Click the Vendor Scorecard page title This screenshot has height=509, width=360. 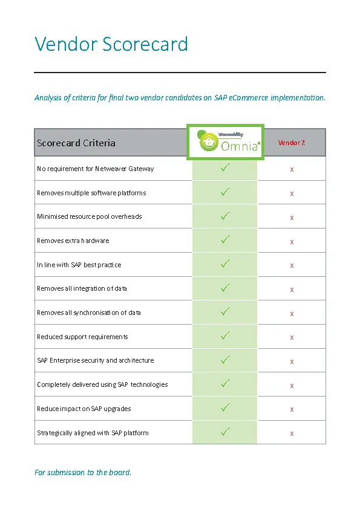point(111,44)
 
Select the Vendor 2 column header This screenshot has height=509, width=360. point(292,143)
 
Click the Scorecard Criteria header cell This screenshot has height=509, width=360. point(76,143)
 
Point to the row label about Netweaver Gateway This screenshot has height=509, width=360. point(96,169)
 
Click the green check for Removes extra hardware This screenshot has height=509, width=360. point(225,240)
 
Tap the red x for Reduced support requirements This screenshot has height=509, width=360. point(292,337)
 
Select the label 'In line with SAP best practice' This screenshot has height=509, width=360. point(79,265)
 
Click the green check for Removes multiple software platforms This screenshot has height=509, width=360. point(225,192)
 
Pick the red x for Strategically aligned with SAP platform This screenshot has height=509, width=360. point(292,433)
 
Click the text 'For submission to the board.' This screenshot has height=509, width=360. point(83,472)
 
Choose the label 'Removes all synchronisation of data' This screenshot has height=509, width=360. point(89,313)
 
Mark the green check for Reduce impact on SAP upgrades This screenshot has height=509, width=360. point(225,407)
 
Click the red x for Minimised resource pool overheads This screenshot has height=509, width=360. point(292,217)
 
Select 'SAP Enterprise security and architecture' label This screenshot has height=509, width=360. point(96,360)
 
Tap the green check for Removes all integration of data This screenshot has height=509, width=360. point(225,288)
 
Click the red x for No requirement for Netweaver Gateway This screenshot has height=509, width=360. point(292,169)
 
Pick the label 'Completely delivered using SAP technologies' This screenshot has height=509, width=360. point(102,384)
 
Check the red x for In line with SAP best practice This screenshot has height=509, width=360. point(292,265)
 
